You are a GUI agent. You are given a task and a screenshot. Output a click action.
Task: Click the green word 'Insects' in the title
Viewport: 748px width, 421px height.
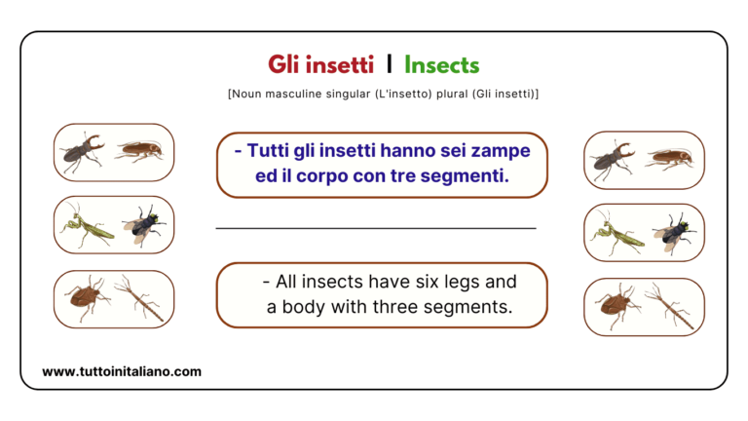(441, 65)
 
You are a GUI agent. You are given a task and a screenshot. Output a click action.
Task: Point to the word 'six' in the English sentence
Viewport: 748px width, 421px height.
(413, 282)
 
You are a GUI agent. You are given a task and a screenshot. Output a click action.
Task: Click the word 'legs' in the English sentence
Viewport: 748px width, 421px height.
(456, 283)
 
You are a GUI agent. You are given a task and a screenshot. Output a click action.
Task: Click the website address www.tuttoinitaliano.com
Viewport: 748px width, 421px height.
(122, 371)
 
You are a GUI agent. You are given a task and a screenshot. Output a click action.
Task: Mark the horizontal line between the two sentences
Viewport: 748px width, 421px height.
(375, 228)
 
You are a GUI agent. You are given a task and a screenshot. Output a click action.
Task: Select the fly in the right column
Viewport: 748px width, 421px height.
(671, 234)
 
